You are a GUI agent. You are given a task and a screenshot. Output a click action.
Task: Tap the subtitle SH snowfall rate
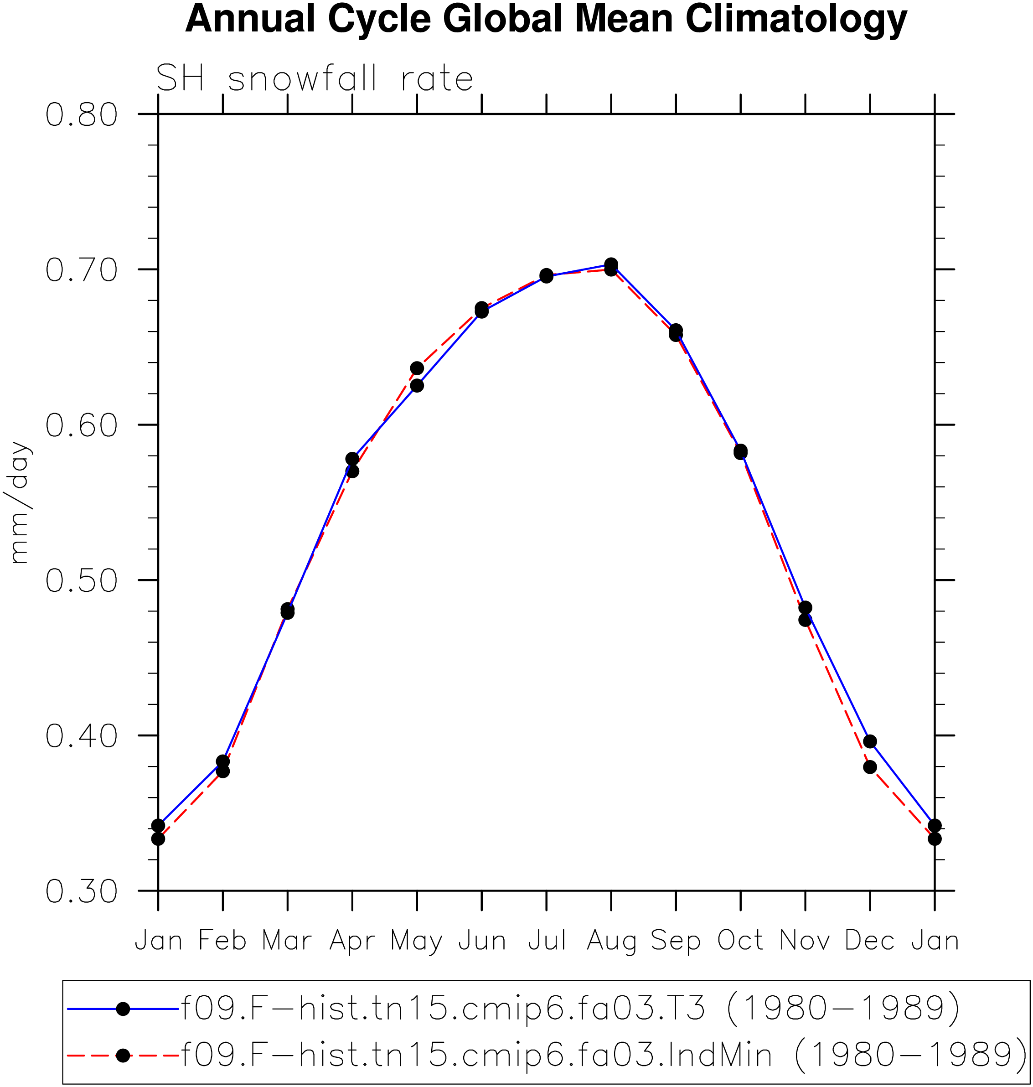pyautogui.click(x=315, y=79)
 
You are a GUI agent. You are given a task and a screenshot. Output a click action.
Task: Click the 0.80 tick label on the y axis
pyautogui.click(x=82, y=115)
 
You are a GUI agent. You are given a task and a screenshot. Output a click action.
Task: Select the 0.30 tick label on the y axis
pyautogui.click(x=82, y=891)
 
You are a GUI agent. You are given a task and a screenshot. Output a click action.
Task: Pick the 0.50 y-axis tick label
pyautogui.click(x=82, y=581)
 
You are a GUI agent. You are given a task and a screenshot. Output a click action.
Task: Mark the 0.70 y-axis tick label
pyautogui.click(x=82, y=270)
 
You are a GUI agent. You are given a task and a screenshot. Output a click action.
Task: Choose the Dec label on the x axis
pyautogui.click(x=870, y=941)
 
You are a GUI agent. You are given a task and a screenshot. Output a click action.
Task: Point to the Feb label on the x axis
pyautogui.click(x=222, y=941)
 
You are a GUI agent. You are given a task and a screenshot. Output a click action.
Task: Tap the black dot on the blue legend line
pyautogui.click(x=124, y=1009)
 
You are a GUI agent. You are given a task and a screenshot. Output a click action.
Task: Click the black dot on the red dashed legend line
pyautogui.click(x=124, y=1055)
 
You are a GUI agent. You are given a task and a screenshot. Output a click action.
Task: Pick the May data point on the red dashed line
pyautogui.click(x=417, y=368)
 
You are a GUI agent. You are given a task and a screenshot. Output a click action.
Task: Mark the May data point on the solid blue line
pyautogui.click(x=417, y=385)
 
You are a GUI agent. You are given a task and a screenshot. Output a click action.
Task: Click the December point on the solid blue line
pyautogui.click(x=870, y=742)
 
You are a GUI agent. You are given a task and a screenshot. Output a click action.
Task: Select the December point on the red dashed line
pyautogui.click(x=870, y=767)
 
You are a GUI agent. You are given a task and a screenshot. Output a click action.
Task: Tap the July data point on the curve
pyautogui.click(x=546, y=276)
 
